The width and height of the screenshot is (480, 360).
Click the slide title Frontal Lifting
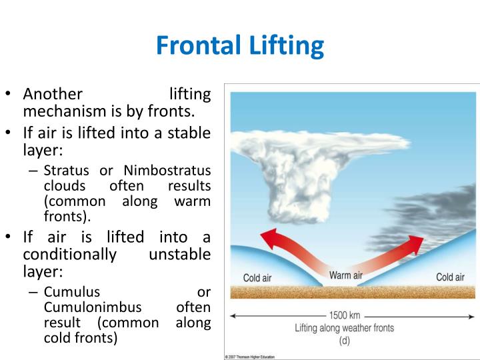point(240,46)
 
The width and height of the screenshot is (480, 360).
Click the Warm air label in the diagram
point(345,275)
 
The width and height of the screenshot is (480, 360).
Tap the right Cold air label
point(450,277)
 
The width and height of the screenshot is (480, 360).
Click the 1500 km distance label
point(347,315)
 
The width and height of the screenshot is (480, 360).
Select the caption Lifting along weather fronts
point(345,328)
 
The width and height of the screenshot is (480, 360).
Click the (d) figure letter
point(345,340)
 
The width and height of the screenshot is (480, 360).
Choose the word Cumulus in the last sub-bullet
point(72,293)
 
